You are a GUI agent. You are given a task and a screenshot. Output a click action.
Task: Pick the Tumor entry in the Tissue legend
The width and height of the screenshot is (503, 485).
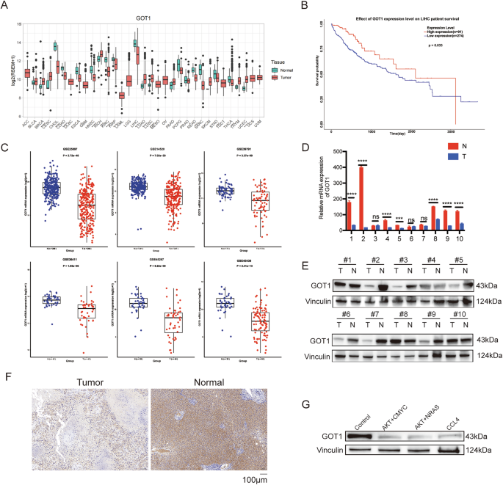(262, 76)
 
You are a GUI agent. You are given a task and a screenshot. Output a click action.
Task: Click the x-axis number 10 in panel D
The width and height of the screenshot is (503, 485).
(482, 239)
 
